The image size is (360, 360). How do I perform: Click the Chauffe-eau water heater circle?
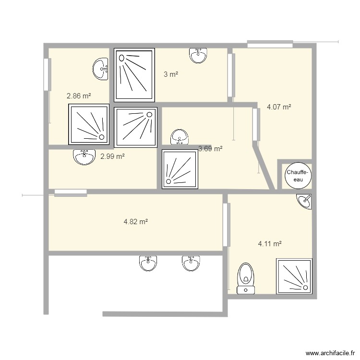click(298, 176)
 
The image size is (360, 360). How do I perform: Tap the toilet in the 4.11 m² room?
click(246, 278)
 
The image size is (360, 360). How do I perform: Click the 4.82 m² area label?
click(135, 222)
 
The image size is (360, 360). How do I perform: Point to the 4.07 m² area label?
click(279, 107)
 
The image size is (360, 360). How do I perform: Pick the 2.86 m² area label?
click(79, 96)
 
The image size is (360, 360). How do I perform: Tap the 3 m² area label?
click(171, 74)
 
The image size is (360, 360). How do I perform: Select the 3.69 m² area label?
click(210, 149)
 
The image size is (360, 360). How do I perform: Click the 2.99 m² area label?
click(112, 156)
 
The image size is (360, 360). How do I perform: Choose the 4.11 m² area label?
click(270, 243)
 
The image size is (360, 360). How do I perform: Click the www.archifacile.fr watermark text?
click(330, 353)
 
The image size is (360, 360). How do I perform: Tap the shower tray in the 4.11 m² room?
click(294, 276)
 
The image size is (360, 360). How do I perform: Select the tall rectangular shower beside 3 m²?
click(134, 75)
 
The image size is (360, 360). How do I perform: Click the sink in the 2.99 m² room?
click(84, 157)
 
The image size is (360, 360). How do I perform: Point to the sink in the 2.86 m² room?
click(100, 69)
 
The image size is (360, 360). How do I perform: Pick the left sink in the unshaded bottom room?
click(148, 264)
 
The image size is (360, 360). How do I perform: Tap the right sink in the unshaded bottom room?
click(191, 264)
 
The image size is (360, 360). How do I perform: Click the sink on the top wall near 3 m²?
click(198, 56)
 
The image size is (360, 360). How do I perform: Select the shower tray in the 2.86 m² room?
click(89, 124)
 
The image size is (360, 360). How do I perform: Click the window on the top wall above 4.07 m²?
click(270, 44)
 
